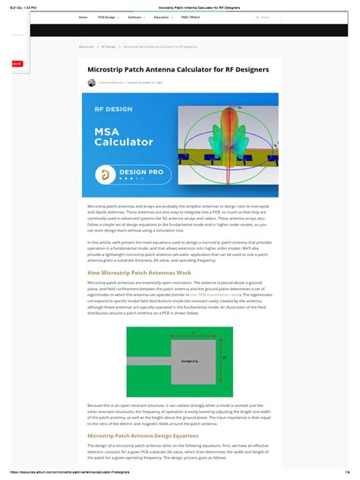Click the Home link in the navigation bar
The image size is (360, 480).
pyautogui.click(x=83, y=17)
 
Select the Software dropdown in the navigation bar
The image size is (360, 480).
pyautogui.click(x=135, y=17)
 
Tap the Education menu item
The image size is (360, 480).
pyautogui.click(x=162, y=17)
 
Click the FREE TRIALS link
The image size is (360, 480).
pyautogui.click(x=190, y=17)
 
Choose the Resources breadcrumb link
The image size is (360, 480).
pyautogui.click(x=86, y=46)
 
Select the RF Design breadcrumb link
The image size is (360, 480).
pyautogui.click(x=109, y=46)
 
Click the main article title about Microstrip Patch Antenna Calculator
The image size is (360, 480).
pyautogui.click(x=178, y=69)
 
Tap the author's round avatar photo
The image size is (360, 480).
pyautogui.click(x=92, y=83)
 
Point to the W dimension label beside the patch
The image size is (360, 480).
pyautogui.click(x=223, y=357)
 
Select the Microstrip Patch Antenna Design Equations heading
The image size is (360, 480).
pyautogui.click(x=143, y=436)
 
